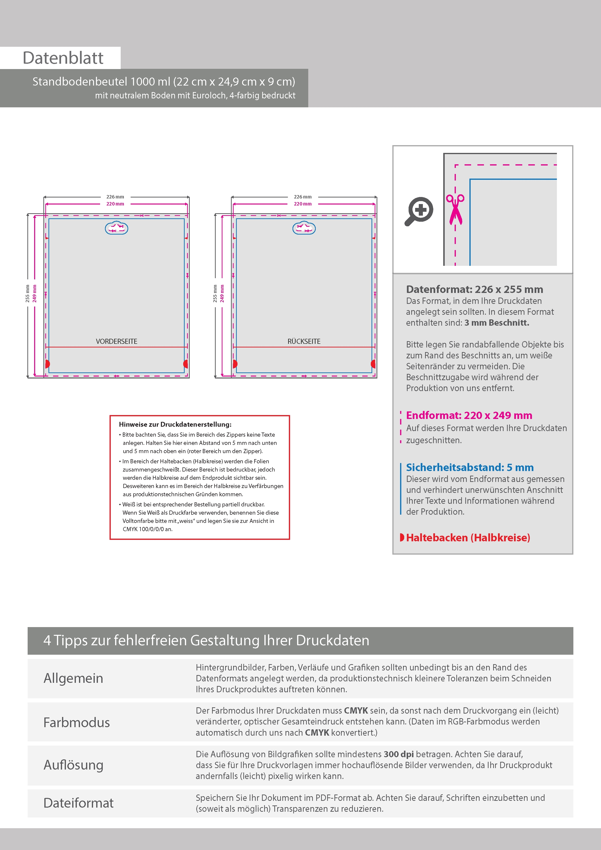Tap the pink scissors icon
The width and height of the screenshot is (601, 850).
[x=455, y=209]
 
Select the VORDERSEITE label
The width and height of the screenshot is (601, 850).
[x=116, y=341]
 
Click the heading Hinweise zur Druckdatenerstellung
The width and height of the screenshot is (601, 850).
[x=175, y=425]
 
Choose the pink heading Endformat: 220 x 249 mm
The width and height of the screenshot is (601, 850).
[x=469, y=415]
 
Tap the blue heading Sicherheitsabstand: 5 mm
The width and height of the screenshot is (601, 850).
[x=470, y=467]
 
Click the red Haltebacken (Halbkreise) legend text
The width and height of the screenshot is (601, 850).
[x=468, y=537]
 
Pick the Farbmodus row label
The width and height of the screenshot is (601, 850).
[x=77, y=722]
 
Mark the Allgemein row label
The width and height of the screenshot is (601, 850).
[x=73, y=678]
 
